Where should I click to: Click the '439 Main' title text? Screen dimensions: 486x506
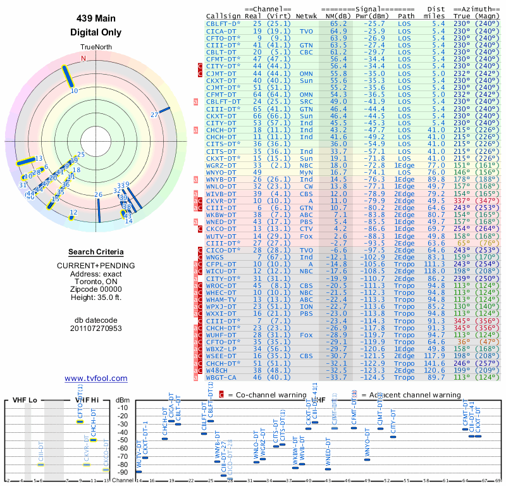[97, 18]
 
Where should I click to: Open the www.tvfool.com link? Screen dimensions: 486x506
[96, 378]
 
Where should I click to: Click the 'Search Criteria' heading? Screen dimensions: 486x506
[96, 252]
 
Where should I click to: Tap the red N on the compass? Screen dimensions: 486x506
[83, 58]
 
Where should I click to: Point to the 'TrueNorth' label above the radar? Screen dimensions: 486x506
[96, 47]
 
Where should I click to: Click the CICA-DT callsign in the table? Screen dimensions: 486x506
[221, 30]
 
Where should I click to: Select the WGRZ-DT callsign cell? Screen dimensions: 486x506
[221, 165]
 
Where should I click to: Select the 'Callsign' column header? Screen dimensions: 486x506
[224, 16]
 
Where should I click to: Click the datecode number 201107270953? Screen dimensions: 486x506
[97, 328]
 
